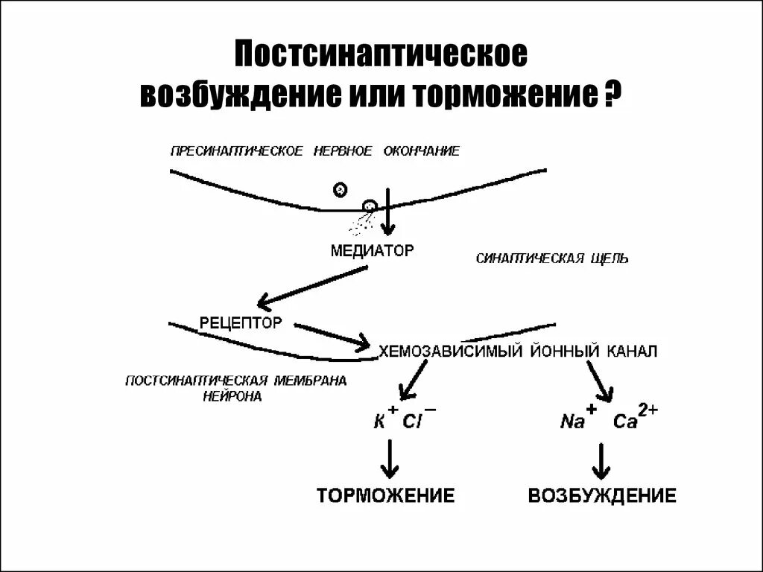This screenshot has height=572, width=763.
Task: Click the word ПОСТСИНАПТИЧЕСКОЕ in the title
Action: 381,56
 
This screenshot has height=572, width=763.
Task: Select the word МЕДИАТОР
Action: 371,250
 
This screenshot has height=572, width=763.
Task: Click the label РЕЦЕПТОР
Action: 241,323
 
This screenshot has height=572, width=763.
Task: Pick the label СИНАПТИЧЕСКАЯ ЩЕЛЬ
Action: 551,258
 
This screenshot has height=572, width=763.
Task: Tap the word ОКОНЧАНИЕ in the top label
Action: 422,151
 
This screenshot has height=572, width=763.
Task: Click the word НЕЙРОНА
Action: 232,397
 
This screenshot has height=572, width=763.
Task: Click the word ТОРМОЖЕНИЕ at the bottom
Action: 386,496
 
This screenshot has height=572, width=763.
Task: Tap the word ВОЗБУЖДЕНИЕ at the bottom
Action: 602,496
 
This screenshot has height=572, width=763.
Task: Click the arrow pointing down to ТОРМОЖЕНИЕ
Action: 388,459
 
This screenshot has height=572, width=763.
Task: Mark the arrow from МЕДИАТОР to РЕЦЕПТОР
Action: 313,287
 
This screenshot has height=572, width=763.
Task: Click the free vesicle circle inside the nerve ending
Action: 340,189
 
